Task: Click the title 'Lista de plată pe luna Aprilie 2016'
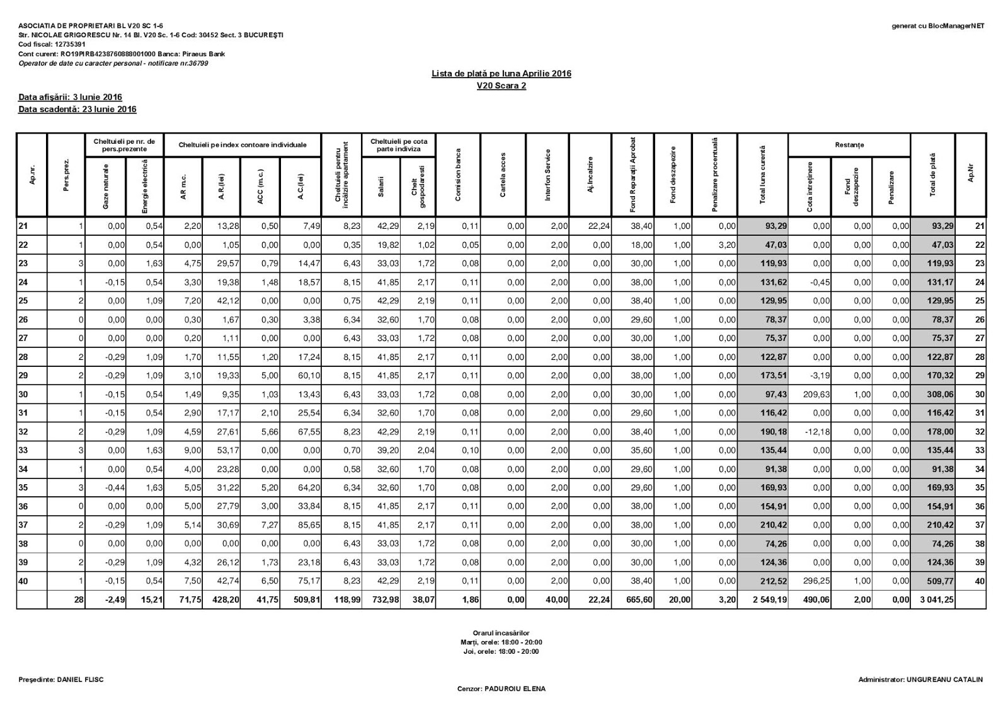pos(501,74)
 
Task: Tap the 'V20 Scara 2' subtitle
pos(501,86)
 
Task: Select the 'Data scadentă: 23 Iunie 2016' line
pos(77,109)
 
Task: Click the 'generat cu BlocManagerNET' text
pos(937,26)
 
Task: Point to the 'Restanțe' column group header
pos(849,145)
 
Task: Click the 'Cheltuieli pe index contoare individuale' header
pos(243,145)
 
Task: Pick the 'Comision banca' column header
pos(458,175)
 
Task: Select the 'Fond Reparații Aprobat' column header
pos(633,175)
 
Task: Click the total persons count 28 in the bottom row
pos(79,600)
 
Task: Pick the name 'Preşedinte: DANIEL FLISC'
pos(61,680)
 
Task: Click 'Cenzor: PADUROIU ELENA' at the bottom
pos(501,689)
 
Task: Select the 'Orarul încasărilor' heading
pos(501,633)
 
